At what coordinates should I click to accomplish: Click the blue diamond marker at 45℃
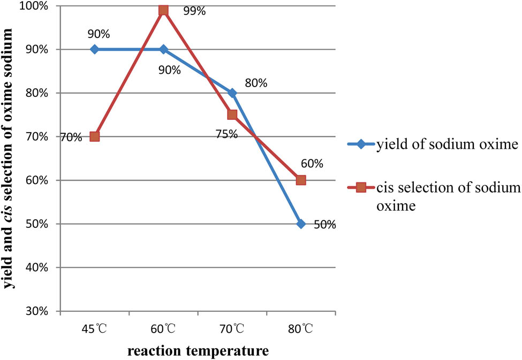click(x=95, y=49)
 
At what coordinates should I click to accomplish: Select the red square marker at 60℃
click(x=163, y=10)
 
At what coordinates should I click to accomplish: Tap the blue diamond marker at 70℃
click(x=232, y=93)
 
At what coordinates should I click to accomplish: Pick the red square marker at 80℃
click(x=301, y=180)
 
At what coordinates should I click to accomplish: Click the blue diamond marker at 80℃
click(x=301, y=224)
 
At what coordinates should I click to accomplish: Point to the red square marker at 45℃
click(x=95, y=136)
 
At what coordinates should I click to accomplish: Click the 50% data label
click(x=324, y=225)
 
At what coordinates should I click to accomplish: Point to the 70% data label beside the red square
click(x=71, y=137)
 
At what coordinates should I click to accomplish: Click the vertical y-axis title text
click(x=12, y=159)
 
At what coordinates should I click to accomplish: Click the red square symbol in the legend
click(x=361, y=187)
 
